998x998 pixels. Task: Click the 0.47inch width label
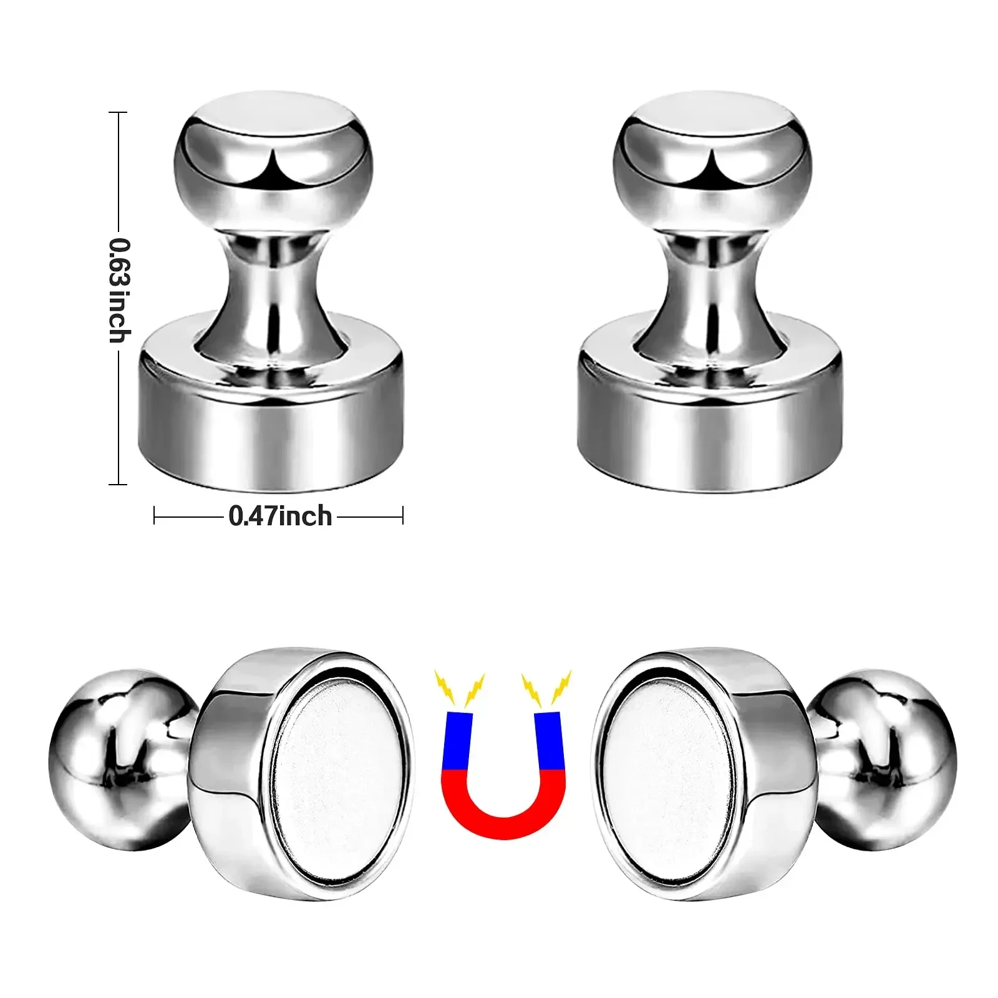[280, 516]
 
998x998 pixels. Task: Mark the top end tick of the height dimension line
[118, 113]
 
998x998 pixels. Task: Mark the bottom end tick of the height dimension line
[118, 484]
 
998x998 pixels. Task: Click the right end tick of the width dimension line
[403, 516]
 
